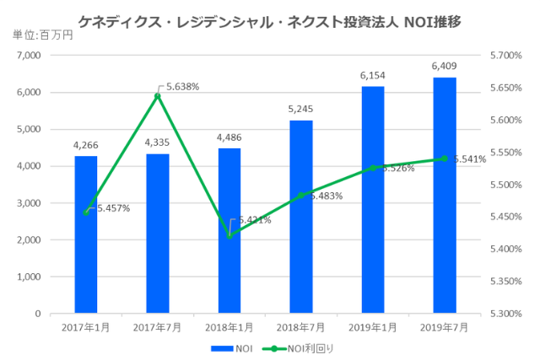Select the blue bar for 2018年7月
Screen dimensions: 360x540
coord(301,219)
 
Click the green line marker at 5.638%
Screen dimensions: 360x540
coord(158,96)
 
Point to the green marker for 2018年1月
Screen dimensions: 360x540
coord(229,235)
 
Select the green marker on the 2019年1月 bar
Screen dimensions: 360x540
coord(373,168)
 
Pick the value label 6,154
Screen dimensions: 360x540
coord(373,76)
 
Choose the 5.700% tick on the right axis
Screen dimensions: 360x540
coord(505,56)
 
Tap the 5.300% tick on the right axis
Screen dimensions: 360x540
coord(505,314)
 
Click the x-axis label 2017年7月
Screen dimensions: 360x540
coord(158,327)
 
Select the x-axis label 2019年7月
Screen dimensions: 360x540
coord(445,327)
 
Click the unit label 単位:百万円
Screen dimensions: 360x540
coord(43,35)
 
